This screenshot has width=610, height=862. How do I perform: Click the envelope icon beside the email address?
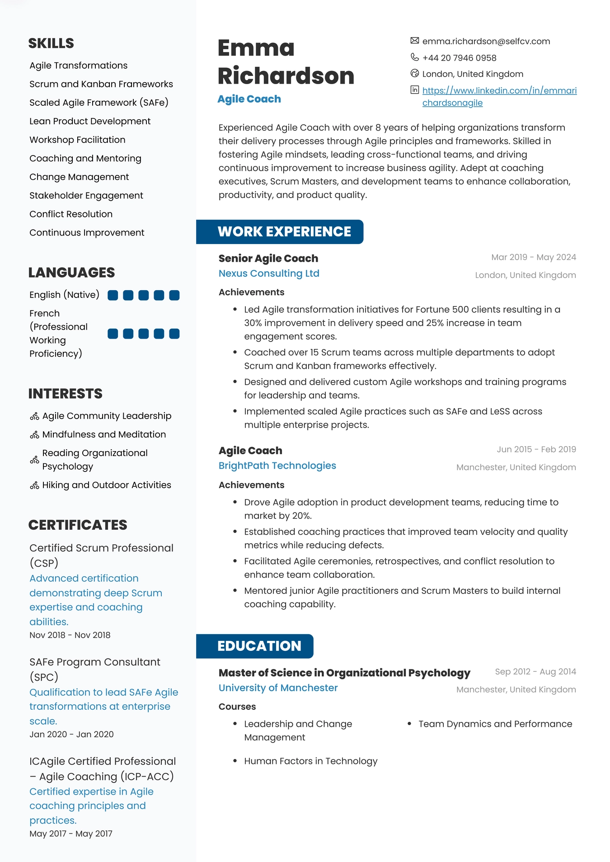414,41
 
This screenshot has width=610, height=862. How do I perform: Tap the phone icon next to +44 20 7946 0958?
414,57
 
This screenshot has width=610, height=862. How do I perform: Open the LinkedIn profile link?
499,96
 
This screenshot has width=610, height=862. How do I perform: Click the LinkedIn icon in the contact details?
414,90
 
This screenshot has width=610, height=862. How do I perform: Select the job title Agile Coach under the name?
249,99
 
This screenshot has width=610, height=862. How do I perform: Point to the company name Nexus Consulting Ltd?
269,273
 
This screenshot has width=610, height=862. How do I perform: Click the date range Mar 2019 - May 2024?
533,257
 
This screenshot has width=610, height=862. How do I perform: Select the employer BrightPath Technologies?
277,466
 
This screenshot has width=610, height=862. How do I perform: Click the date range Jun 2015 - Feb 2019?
536,449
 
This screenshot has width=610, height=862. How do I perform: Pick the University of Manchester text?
278,688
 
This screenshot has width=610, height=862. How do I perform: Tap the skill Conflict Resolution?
71,214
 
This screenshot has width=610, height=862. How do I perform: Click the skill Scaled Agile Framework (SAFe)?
99,103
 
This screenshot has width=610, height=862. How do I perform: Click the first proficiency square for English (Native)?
113,295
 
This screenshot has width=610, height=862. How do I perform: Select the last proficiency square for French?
174,334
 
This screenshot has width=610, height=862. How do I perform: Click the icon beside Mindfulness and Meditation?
34,435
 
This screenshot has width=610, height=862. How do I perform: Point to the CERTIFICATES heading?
78,525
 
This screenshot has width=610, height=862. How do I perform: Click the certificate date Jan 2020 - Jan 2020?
71,734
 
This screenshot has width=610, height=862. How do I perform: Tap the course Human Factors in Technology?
310,761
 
